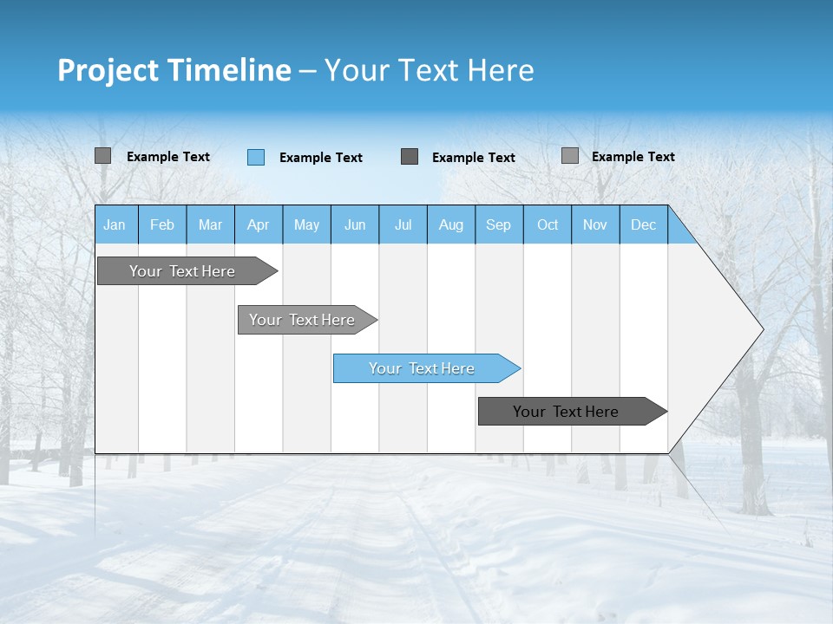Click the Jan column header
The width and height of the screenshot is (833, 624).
115,224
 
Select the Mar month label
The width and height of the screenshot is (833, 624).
210,224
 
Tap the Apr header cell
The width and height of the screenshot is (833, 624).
258,224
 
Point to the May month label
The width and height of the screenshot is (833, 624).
306,224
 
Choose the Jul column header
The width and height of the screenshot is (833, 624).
403,224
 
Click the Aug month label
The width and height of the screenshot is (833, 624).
450,224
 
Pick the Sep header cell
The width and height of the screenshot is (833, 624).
498,224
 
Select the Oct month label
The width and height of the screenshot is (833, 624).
548,224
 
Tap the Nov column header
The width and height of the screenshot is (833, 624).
594,224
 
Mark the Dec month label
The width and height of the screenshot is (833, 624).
643,224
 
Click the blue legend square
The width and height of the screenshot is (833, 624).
255,157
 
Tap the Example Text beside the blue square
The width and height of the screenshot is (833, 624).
320,158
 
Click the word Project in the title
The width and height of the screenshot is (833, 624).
108,70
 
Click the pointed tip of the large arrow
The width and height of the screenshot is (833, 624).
760,329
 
